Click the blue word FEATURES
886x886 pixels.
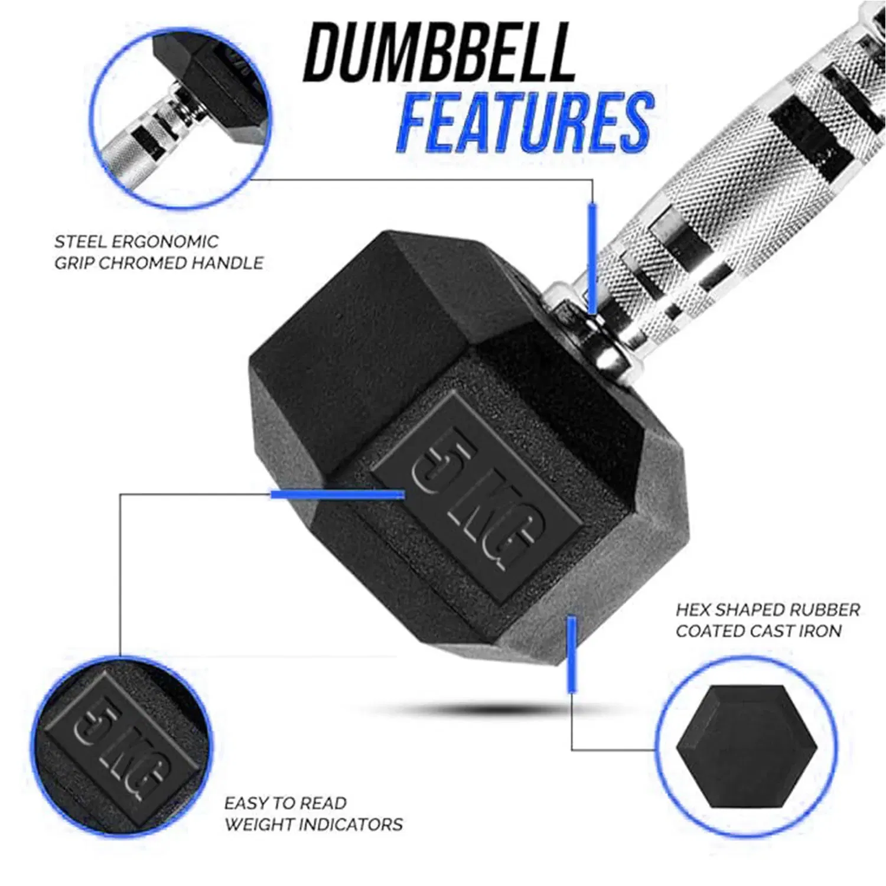tap(526, 124)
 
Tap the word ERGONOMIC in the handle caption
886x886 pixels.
tap(164, 242)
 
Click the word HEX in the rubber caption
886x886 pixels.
tap(691, 610)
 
